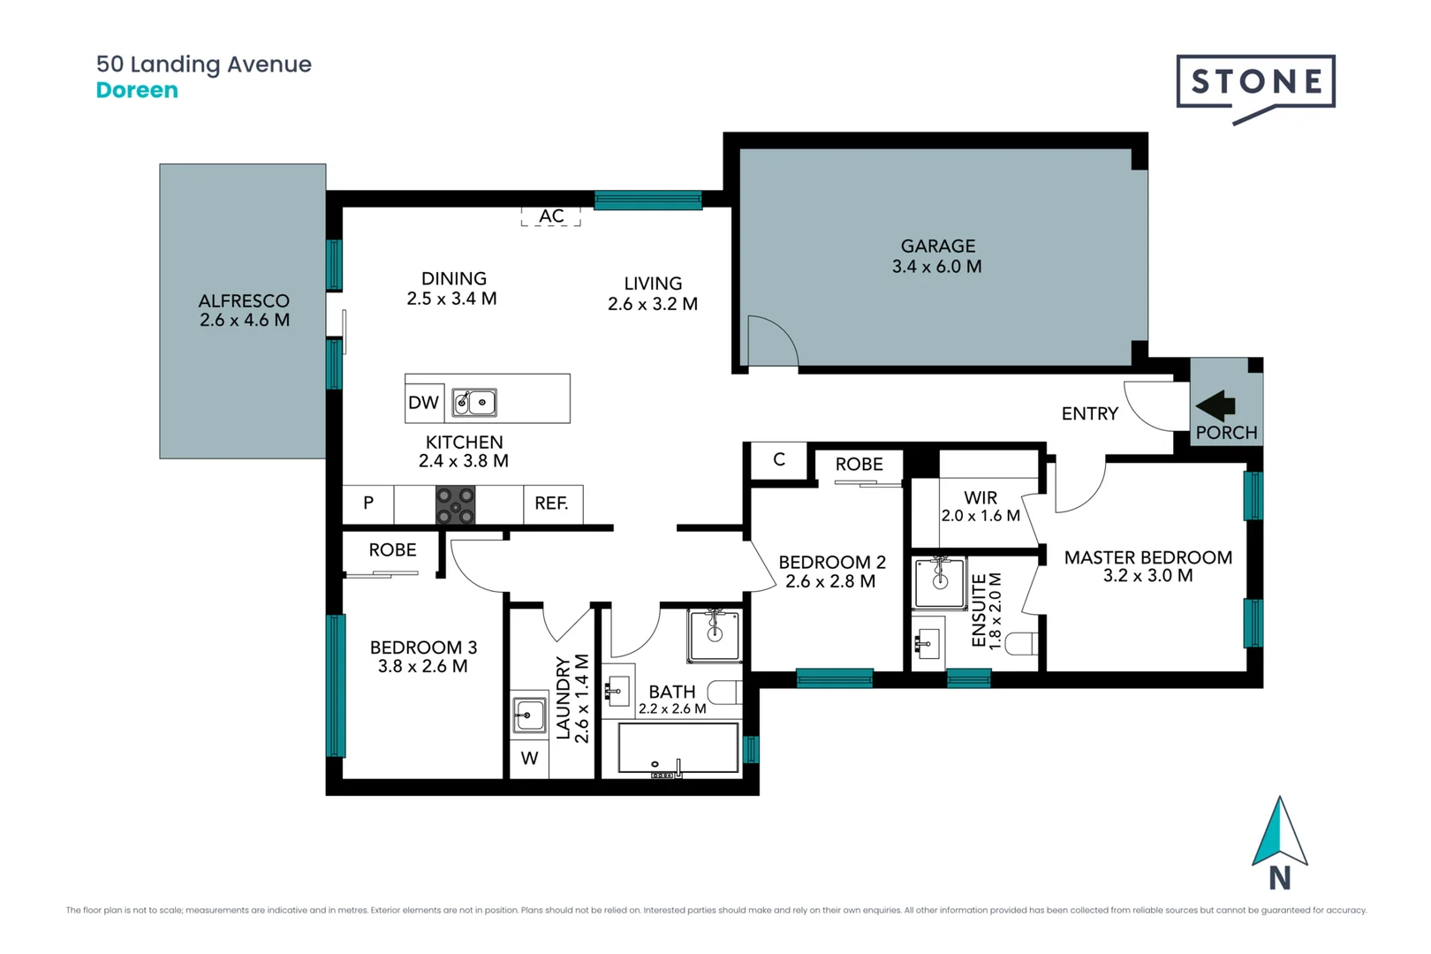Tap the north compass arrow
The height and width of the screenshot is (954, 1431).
1279,833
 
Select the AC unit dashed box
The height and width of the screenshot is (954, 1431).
551,216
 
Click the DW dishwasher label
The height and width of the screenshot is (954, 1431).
423,403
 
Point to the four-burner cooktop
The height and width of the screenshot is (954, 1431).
456,506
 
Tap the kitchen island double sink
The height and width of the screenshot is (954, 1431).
474,403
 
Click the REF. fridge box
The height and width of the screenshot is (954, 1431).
552,503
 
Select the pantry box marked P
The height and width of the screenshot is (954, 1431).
368,503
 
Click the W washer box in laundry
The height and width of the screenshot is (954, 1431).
529,759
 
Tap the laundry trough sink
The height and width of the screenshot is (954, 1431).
529,714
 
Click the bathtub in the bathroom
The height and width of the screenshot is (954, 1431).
678,749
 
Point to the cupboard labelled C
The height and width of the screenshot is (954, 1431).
778,460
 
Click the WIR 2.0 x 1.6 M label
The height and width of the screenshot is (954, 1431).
980,507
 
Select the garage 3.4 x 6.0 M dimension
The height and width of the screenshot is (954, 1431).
936,267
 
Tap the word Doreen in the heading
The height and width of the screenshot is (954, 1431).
137,90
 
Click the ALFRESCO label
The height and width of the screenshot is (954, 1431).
244,301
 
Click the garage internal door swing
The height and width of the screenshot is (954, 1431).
770,344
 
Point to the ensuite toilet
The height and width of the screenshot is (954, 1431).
1022,643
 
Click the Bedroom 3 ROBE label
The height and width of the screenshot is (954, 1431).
392,550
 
